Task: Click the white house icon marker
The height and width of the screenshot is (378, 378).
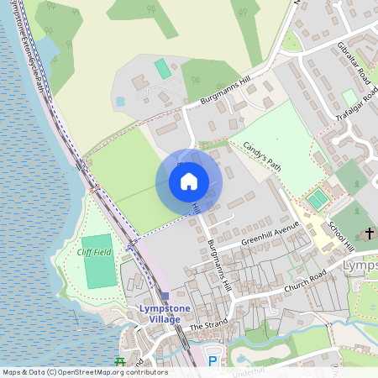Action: pyautogui.click(x=188, y=181)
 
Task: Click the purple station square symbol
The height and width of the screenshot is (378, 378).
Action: pyautogui.click(x=165, y=296)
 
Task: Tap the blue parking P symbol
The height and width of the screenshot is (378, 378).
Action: pyautogui.click(x=213, y=361)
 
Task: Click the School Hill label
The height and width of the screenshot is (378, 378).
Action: pyautogui.click(x=342, y=236)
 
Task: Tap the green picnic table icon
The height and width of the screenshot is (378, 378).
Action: pyautogui.click(x=118, y=363)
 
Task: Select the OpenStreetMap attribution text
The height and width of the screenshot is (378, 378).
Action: pyautogui.click(x=84, y=372)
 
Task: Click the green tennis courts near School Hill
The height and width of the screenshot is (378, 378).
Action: pyautogui.click(x=318, y=200)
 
